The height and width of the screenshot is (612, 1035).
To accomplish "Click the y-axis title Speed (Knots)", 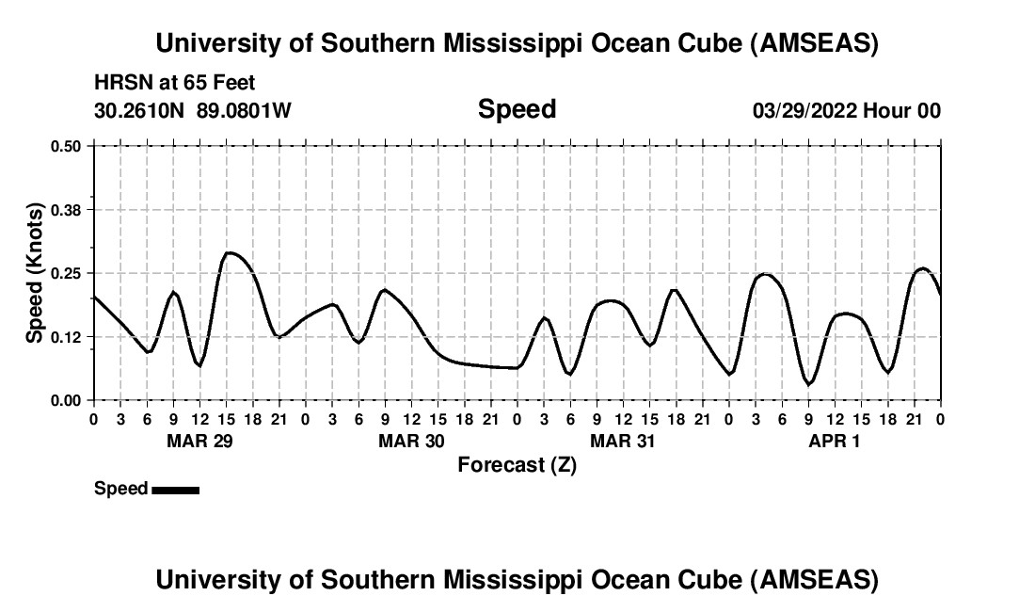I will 35,272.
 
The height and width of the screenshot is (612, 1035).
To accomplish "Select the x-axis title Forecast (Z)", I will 517,464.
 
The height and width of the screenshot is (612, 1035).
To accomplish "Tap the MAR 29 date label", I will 199,441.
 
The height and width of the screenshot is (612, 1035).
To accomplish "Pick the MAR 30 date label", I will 411,441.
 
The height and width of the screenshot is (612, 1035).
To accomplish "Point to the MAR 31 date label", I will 623,441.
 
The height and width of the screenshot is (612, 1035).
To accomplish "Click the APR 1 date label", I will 835,441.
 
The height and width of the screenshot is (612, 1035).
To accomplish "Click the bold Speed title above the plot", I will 517,109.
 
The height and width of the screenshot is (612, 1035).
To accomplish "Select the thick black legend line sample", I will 175,490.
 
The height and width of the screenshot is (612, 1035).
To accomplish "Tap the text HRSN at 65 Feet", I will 175,84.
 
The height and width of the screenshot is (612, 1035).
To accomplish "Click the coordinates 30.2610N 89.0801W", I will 193,110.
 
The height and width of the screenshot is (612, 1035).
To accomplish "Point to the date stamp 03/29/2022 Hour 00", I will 846,110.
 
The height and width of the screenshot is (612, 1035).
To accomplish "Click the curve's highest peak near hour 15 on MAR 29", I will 230,252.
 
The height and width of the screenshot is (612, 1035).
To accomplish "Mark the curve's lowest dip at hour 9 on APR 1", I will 808,384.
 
